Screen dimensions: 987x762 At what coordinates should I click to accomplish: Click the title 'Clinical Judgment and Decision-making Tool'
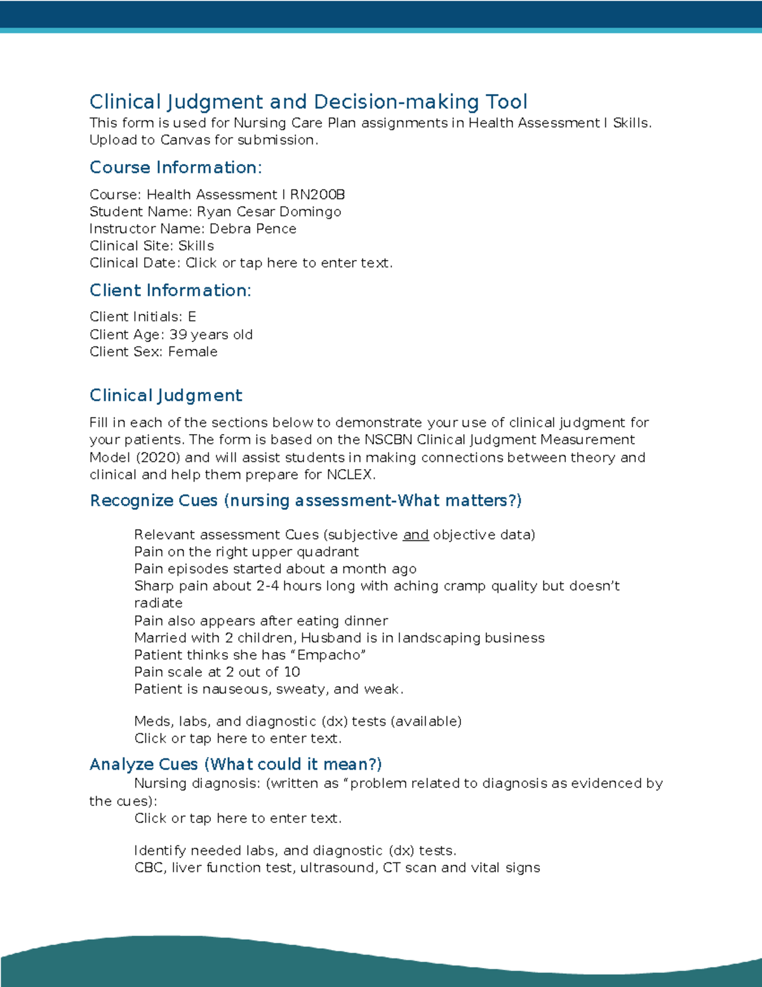point(308,102)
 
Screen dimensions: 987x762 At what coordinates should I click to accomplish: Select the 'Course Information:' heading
point(175,167)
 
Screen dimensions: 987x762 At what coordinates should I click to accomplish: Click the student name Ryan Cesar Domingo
point(269,212)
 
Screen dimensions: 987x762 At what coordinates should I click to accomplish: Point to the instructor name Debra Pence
point(253,229)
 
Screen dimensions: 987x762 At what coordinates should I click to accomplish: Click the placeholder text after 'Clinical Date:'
point(289,263)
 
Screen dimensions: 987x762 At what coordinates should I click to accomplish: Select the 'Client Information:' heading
point(170,290)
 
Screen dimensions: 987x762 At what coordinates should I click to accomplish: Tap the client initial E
point(192,317)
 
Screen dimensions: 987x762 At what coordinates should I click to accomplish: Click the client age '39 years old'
point(211,334)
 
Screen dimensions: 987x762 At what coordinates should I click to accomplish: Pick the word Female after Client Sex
point(192,351)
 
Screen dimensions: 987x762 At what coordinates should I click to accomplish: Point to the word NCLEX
point(350,475)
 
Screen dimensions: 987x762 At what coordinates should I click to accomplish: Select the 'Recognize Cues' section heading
point(305,501)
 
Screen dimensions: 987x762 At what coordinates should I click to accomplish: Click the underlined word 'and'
point(415,535)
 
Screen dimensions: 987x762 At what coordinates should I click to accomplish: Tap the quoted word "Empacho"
point(331,655)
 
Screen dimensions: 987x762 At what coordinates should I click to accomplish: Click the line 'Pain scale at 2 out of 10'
point(217,672)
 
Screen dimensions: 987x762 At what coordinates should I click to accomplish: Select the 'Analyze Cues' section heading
point(236,764)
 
